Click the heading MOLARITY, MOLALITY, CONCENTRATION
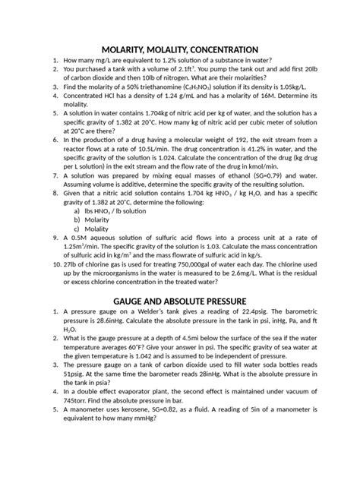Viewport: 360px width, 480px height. [x=180, y=48]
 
